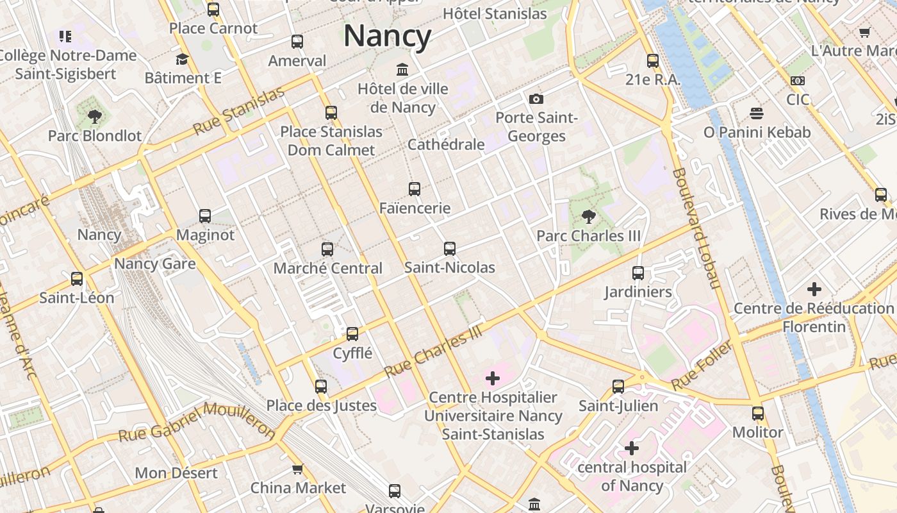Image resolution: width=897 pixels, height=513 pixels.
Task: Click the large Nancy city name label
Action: tap(387, 36)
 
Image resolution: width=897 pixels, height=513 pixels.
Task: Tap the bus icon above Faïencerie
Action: tap(415, 189)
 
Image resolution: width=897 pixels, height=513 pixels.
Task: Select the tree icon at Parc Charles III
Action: tap(588, 217)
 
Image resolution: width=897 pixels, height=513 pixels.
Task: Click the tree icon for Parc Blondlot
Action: tap(95, 117)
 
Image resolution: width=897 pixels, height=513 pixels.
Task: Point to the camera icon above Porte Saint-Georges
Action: tap(536, 99)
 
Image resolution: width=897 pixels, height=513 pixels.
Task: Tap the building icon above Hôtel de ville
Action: tap(402, 69)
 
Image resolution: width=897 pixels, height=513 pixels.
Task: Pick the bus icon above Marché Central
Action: tap(327, 249)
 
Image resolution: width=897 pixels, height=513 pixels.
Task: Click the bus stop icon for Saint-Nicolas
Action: tap(450, 248)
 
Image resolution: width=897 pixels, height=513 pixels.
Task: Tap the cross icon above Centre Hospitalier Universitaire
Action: tap(493, 378)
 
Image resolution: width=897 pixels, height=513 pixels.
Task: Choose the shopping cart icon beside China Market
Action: tap(297, 469)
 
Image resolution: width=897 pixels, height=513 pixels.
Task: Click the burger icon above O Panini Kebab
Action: tap(757, 114)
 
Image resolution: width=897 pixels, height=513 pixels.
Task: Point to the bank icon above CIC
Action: tap(798, 81)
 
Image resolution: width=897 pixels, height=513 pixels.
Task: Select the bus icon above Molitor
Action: tap(758, 413)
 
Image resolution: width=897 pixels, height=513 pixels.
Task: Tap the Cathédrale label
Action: tap(446, 144)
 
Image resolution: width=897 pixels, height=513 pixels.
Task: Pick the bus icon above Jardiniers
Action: tap(638, 273)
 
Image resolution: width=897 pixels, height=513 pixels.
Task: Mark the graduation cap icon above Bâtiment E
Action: tap(183, 60)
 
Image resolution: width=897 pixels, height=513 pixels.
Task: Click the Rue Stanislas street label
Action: tap(238, 111)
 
